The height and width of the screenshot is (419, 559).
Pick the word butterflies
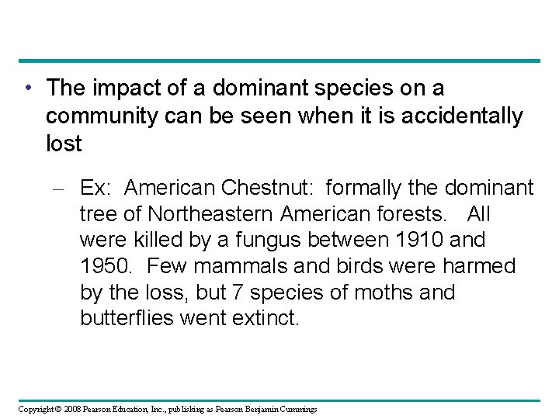tap(130, 319)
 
